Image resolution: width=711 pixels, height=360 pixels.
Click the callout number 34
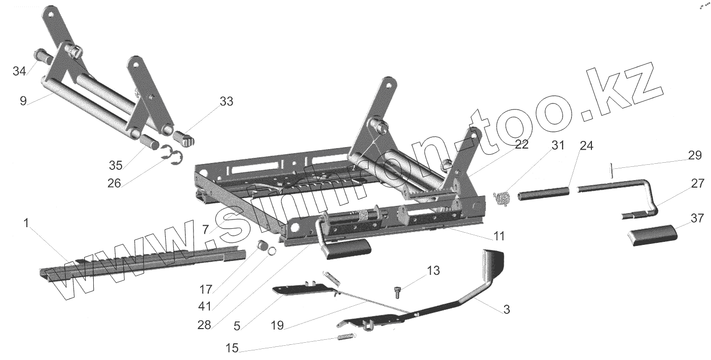[19, 71]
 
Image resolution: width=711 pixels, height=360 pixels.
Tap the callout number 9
[23, 100]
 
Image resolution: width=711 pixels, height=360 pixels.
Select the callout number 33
[226, 101]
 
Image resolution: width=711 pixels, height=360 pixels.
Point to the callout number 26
[114, 183]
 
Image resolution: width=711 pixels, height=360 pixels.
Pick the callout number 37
[697, 219]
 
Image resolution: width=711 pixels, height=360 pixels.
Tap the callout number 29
[695, 156]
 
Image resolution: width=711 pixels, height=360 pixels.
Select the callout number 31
[557, 146]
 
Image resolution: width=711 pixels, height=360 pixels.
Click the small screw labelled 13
[397, 292]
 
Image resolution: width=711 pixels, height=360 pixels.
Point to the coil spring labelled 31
[502, 198]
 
